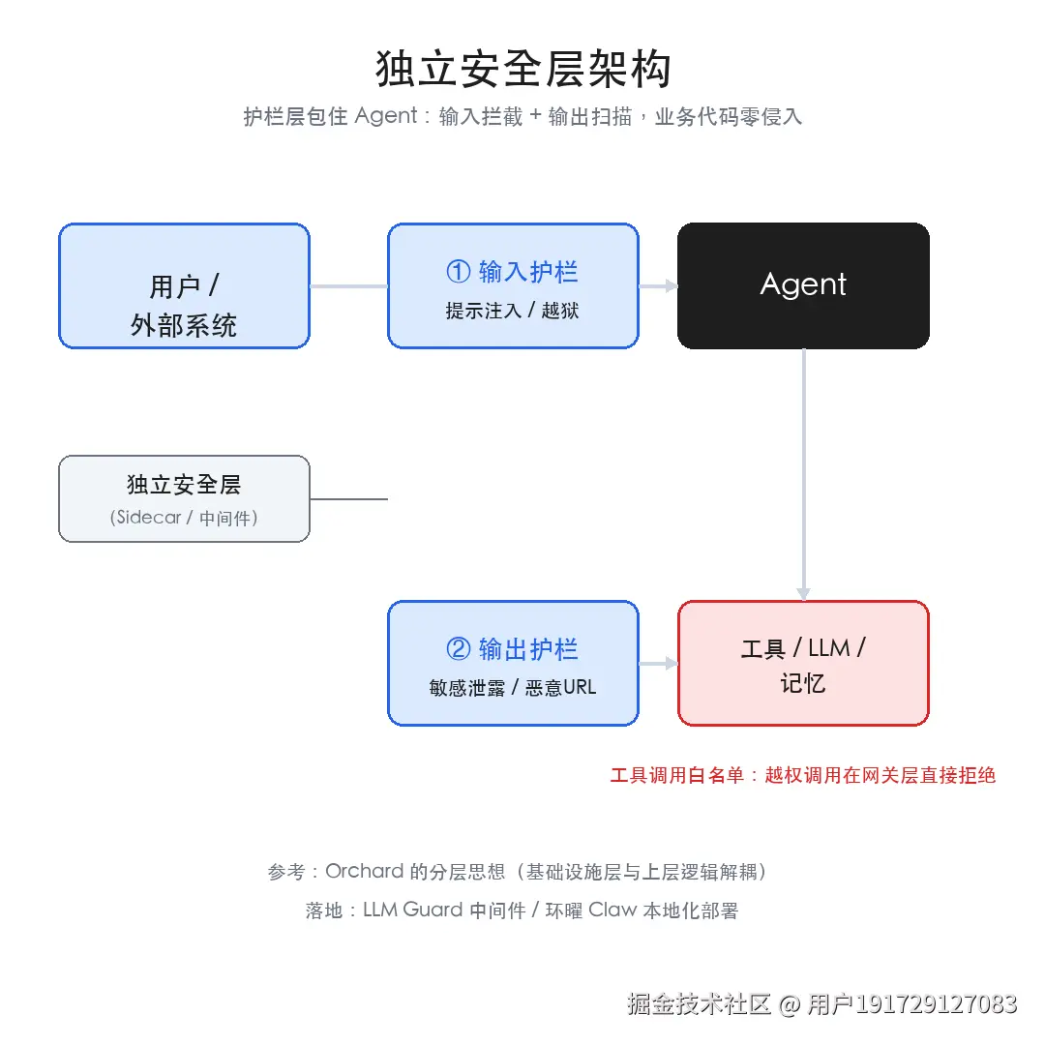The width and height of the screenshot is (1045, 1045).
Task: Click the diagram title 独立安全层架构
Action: coord(523,69)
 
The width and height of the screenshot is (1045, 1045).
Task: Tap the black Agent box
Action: coord(803,285)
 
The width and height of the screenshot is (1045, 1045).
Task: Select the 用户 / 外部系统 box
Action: coord(184,285)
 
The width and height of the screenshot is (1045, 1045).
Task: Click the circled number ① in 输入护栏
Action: coord(459,271)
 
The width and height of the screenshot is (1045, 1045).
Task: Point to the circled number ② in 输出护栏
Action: coord(459,648)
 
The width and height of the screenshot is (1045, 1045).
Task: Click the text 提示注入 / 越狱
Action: coord(512,311)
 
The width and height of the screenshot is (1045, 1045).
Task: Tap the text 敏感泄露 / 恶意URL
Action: coord(513,687)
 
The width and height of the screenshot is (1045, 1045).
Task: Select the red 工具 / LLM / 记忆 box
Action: coord(803,663)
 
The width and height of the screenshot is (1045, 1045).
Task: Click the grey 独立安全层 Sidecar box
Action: coord(184,498)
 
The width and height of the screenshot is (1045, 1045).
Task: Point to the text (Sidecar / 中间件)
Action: coord(184,518)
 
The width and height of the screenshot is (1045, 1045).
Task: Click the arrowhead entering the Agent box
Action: coord(672,285)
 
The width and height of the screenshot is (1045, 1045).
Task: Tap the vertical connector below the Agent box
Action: coord(804,474)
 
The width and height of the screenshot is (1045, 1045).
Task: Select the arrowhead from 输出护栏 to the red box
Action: coord(672,663)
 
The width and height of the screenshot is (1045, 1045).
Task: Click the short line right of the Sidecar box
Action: coord(348,498)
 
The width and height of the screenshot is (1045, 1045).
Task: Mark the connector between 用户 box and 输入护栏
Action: coord(348,285)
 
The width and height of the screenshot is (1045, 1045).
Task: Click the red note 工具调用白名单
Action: coord(677,775)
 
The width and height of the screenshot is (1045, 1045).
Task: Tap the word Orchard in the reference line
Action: coord(365,871)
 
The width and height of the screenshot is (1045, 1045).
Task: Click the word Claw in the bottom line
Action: coord(612,910)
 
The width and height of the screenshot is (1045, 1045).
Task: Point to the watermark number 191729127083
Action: coord(937,1003)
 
